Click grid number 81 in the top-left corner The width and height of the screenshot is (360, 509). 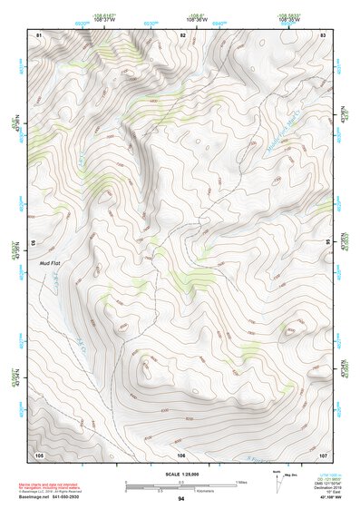tap(38, 34)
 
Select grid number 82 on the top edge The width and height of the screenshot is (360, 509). tap(182, 34)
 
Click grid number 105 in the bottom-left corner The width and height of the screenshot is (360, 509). tap(39, 454)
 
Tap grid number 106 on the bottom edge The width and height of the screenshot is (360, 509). tap(180, 454)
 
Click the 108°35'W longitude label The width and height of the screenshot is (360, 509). tap(289, 19)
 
